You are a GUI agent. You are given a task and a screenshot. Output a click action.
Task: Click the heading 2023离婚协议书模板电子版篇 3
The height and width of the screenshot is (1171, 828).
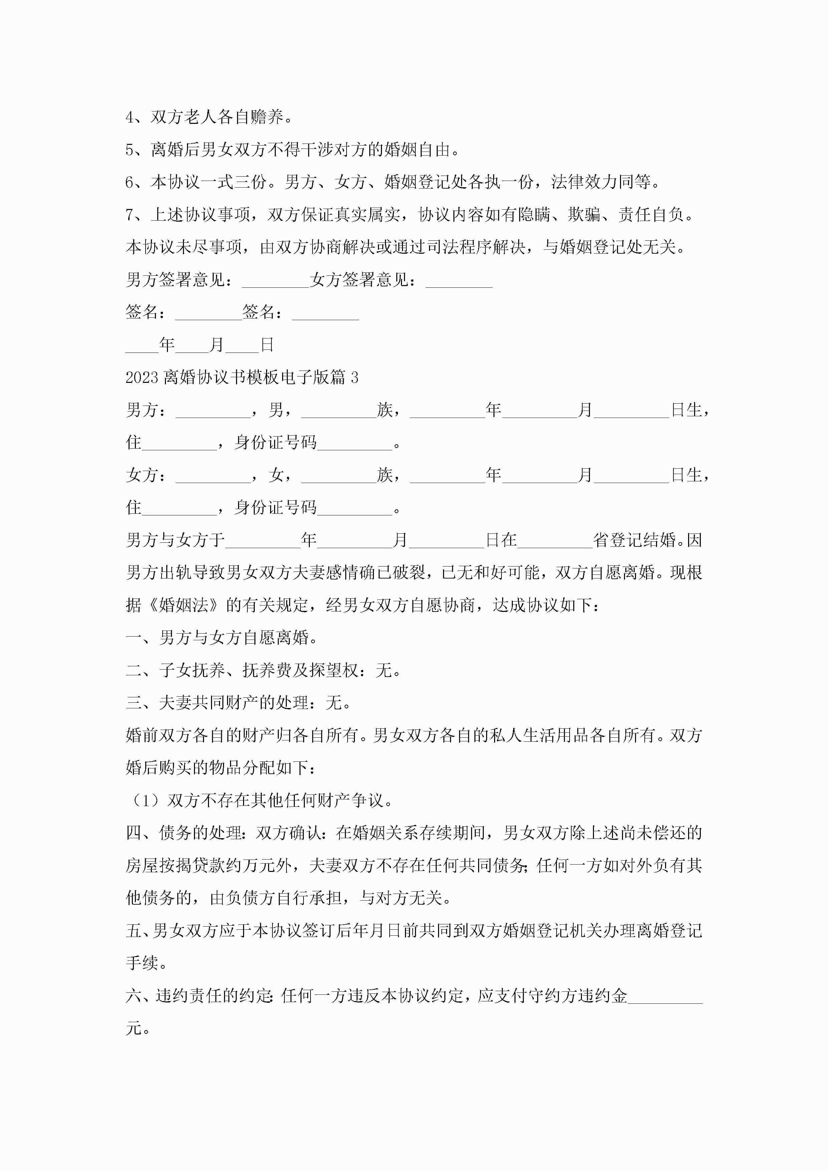click(x=242, y=378)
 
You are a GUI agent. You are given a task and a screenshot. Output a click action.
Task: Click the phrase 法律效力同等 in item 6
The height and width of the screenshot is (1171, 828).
click(x=600, y=182)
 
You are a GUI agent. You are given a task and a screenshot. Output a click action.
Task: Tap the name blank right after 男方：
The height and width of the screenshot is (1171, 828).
click(x=213, y=411)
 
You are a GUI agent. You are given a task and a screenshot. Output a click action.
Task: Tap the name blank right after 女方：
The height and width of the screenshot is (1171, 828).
click(x=213, y=476)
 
